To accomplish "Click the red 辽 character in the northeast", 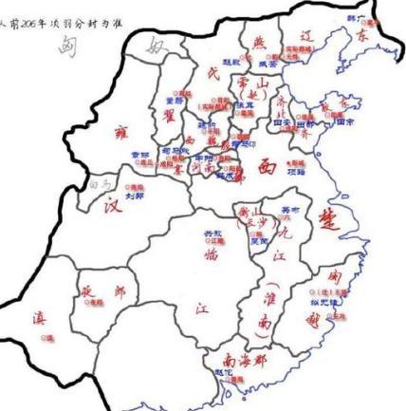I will click(305, 35).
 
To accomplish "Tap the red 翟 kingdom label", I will click(173, 115).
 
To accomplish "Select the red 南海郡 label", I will click(246, 360).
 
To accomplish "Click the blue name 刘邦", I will click(134, 196).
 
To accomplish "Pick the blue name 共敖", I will click(214, 233).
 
